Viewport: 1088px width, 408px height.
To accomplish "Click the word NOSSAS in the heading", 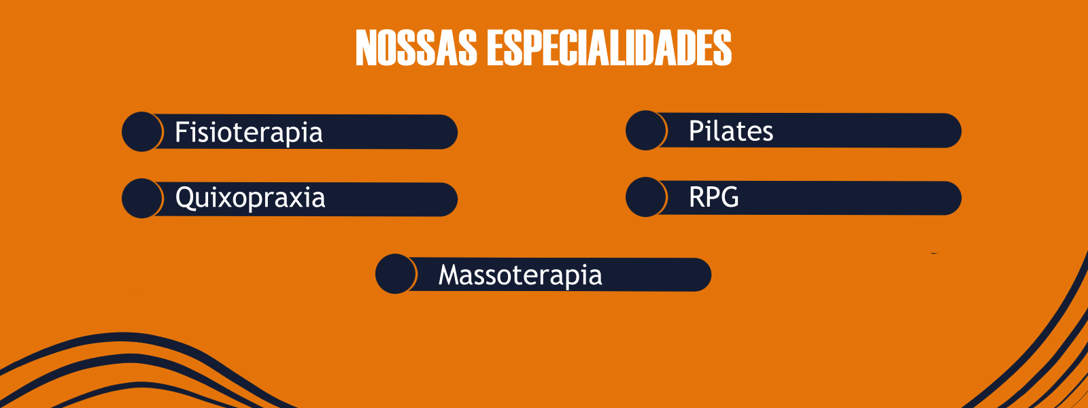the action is click(x=416, y=48).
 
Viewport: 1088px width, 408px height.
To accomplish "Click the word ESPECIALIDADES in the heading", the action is click(x=609, y=48).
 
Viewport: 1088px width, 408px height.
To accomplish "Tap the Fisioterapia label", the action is click(x=249, y=132).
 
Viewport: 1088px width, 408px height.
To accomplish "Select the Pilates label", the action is click(x=731, y=131).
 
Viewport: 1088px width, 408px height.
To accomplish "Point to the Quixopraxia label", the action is click(x=250, y=198).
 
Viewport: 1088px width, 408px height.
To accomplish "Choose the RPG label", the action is click(x=714, y=197).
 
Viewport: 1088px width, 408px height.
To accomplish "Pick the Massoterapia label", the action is click(x=520, y=275).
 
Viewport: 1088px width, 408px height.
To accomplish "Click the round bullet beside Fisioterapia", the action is click(x=142, y=132).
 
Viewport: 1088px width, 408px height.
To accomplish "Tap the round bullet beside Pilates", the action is click(x=646, y=130).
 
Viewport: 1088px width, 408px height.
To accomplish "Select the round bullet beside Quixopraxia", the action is click(x=142, y=198).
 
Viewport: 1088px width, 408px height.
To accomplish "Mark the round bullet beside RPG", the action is click(x=646, y=197).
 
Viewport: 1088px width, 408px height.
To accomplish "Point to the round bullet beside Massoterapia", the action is click(x=396, y=273).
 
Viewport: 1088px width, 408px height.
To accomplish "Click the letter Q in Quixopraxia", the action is click(x=186, y=198).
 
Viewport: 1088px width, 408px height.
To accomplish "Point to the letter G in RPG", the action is click(x=728, y=197).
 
